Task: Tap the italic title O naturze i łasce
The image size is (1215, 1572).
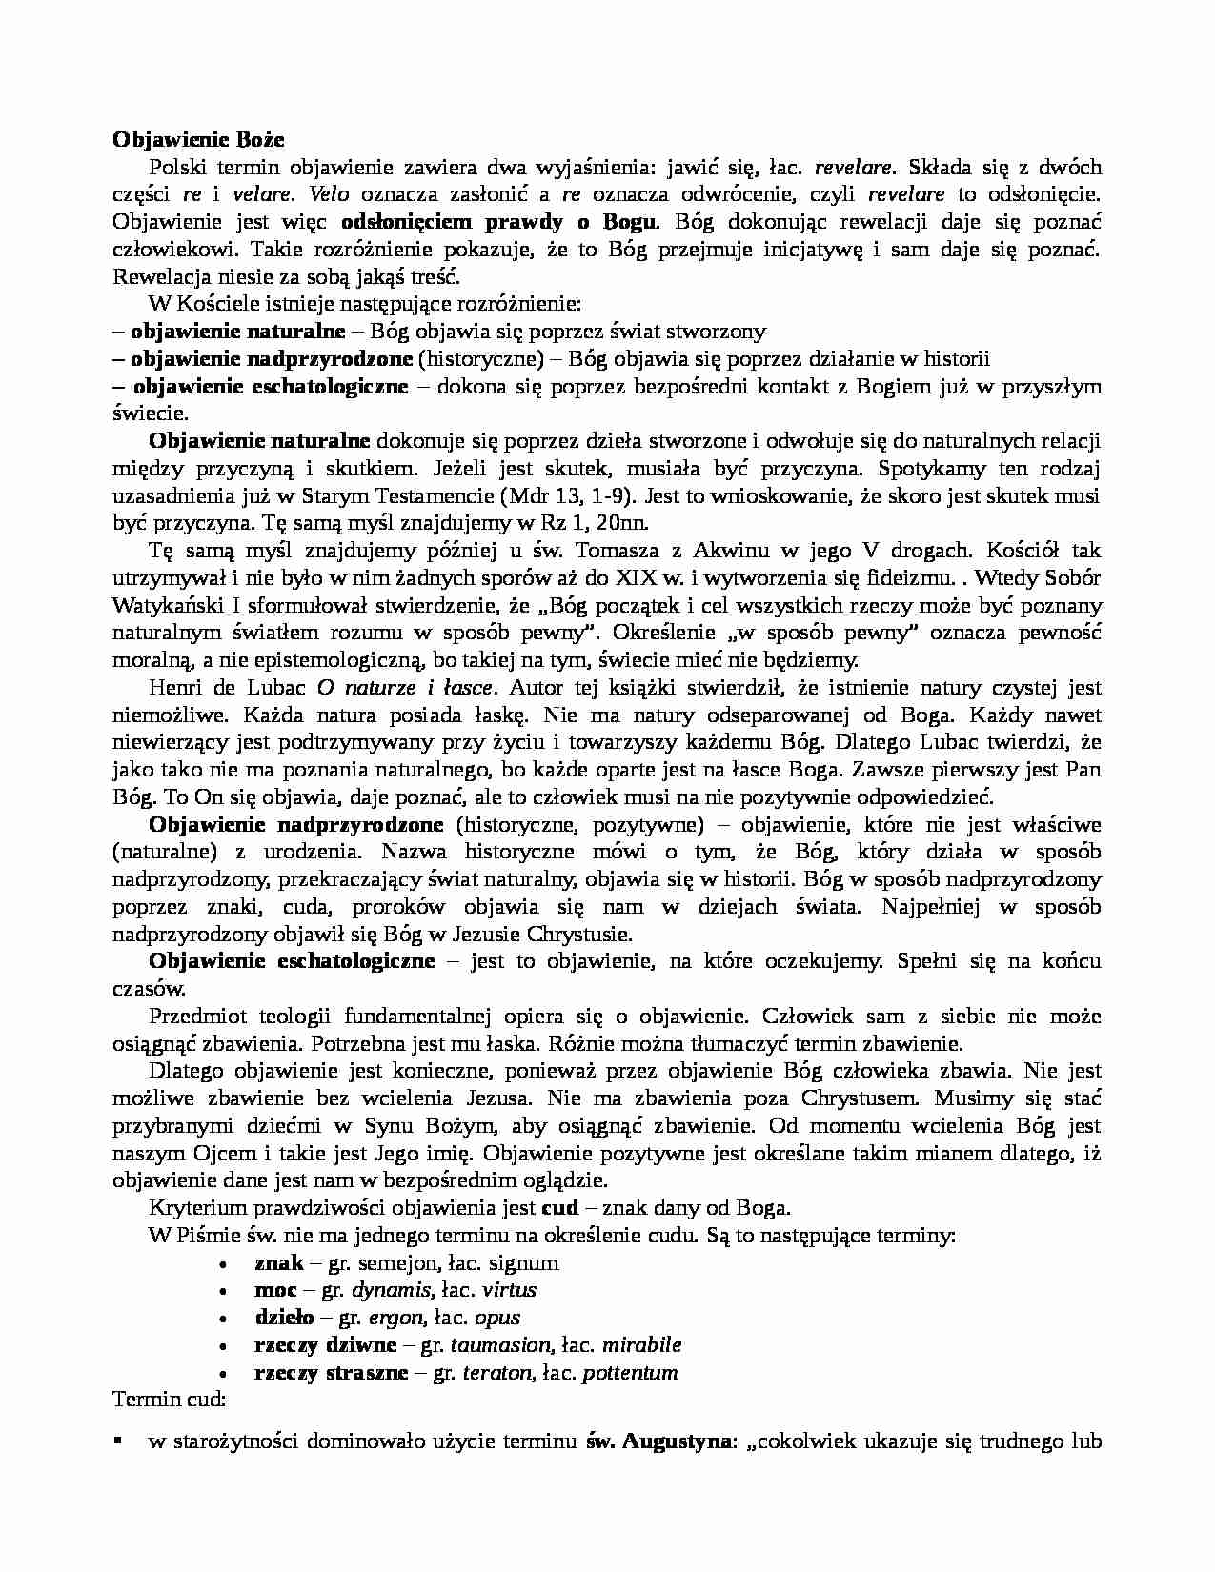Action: pos(404,687)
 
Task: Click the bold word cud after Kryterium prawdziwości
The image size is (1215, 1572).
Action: pos(559,1208)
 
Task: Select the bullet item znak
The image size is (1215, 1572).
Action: pos(278,1262)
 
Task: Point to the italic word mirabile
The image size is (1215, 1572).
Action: pos(641,1345)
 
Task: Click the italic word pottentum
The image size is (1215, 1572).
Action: pos(630,1373)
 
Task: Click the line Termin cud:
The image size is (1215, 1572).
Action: pos(169,1401)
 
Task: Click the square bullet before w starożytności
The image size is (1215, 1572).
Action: pos(118,1441)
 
